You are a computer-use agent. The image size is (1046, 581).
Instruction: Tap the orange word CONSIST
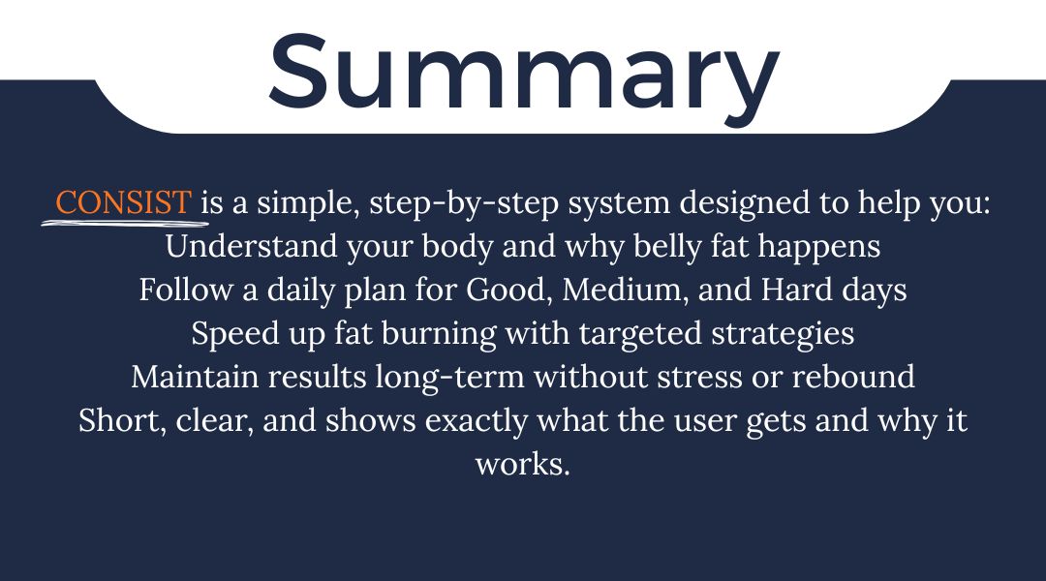point(123,202)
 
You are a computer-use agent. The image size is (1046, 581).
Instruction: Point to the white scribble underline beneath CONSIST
point(125,222)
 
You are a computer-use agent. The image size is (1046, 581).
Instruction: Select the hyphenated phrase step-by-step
point(464,203)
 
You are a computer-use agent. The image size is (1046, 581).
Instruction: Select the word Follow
point(186,290)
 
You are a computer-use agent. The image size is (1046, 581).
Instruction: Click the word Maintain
point(195,377)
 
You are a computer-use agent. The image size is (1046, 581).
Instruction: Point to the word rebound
point(853,377)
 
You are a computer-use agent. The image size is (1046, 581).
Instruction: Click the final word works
point(523,464)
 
